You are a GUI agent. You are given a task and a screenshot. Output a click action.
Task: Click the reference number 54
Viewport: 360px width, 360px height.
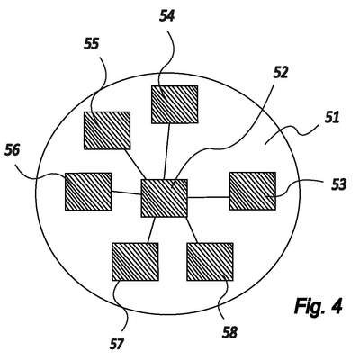(x=166, y=17)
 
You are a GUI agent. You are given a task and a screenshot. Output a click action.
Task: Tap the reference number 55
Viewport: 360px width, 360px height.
(x=91, y=44)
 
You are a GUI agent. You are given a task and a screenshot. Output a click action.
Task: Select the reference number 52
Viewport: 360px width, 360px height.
(x=280, y=72)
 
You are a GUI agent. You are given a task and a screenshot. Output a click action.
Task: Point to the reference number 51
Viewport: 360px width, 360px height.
(x=332, y=117)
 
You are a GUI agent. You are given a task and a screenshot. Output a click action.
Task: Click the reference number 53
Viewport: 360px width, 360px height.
(x=339, y=184)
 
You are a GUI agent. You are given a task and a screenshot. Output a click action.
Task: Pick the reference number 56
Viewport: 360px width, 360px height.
(x=13, y=149)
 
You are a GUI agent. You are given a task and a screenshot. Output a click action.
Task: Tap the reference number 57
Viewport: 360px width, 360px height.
(x=116, y=344)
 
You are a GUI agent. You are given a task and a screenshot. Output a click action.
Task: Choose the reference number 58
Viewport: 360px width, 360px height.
(x=229, y=332)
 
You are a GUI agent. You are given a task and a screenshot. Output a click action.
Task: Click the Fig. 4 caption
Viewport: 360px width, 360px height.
(x=319, y=306)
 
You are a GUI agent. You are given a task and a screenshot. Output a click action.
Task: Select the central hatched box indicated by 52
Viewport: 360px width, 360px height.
(x=165, y=198)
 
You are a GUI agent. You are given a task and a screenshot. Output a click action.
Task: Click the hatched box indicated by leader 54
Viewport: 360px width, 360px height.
(x=175, y=104)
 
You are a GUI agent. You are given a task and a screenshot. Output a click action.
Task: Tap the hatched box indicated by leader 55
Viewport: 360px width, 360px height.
(x=107, y=130)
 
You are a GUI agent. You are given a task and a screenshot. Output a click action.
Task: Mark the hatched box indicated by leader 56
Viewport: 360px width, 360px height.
(x=88, y=192)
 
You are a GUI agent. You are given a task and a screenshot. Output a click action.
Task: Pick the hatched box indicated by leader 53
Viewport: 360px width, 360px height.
(x=253, y=191)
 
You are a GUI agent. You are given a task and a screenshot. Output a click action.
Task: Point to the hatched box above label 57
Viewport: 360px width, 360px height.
(x=135, y=262)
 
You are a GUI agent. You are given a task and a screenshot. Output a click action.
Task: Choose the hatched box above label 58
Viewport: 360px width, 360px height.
(x=210, y=262)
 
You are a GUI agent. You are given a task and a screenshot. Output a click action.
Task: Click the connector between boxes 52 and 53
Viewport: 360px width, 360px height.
(x=209, y=197)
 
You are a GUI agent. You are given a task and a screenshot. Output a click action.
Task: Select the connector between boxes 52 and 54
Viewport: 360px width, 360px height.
(x=166, y=151)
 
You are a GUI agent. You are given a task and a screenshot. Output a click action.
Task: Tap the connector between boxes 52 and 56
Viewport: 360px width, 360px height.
(x=126, y=193)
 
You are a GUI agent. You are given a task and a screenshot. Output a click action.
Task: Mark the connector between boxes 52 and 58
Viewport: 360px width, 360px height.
(x=191, y=229)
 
